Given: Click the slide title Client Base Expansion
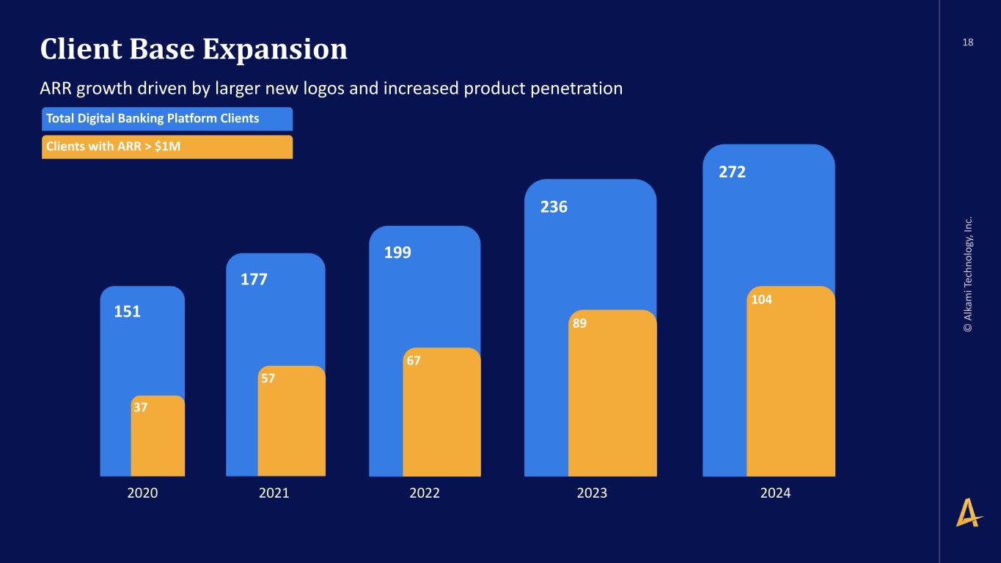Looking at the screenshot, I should [194, 49].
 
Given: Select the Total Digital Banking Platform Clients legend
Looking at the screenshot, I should [166, 119].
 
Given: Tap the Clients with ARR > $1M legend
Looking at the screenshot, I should [166, 147].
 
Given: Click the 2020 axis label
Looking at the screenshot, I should [143, 493].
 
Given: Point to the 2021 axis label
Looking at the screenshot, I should [274, 493].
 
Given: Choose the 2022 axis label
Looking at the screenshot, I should [425, 493].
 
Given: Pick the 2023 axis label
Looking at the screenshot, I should [592, 493].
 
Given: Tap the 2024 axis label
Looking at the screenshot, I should [775, 493].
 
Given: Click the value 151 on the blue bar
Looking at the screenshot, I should [127, 312].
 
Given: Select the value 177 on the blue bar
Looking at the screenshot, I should [254, 279].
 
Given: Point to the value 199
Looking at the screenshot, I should [398, 253].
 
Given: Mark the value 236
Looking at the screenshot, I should [554, 207].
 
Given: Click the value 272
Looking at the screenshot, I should [732, 172].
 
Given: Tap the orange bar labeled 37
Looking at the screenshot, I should [158, 440].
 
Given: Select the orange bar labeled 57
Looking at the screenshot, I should [291, 425].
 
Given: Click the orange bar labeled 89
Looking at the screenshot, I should [612, 396].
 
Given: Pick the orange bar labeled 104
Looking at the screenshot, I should [791, 385].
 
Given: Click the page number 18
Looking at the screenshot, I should [968, 43].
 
